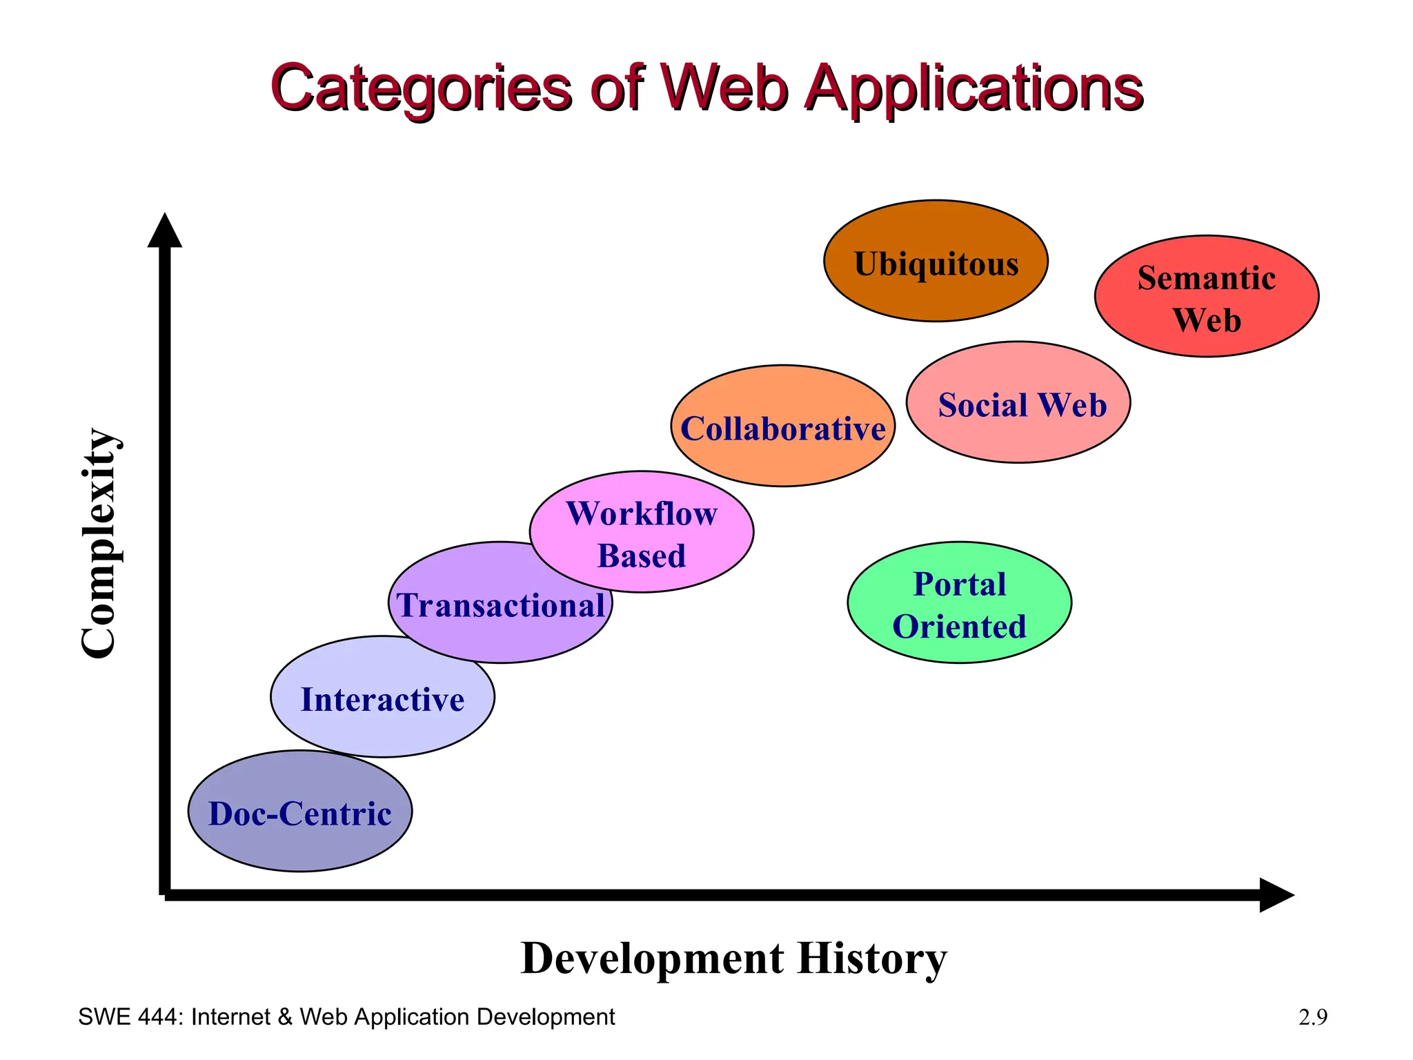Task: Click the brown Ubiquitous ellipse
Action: point(936,262)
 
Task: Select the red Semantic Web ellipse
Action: point(1206,297)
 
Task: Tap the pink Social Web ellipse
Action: point(1018,403)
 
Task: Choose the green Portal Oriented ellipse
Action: point(959,603)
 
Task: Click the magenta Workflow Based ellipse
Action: point(642,532)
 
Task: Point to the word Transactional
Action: point(501,606)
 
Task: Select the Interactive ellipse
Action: point(382,698)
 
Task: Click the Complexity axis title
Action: point(99,543)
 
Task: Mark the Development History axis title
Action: point(733,959)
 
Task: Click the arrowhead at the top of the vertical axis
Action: point(165,230)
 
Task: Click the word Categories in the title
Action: point(422,88)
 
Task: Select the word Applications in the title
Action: point(974,88)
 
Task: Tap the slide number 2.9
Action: point(1312,1017)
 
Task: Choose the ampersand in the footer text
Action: point(285,1017)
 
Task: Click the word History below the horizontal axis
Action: point(872,959)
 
